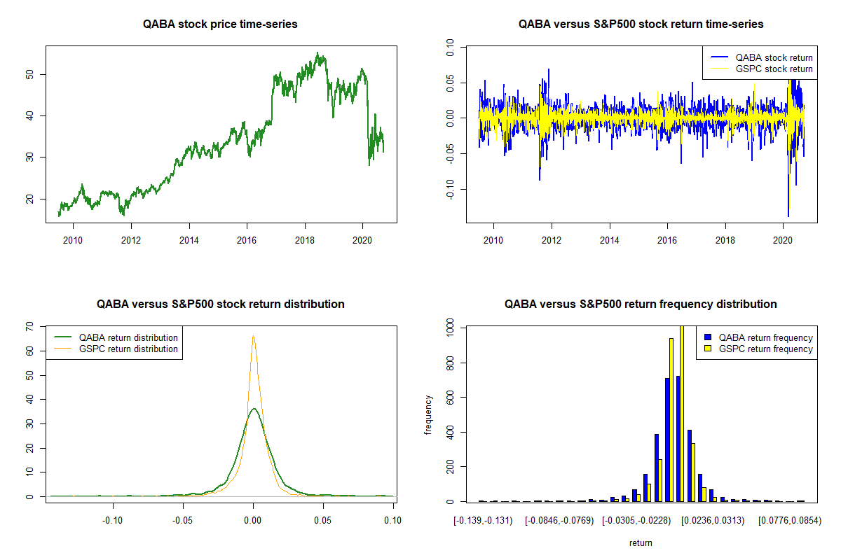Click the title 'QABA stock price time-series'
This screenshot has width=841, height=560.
coord(220,24)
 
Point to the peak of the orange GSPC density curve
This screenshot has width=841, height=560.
coord(253,336)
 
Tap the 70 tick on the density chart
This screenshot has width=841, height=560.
coord(29,326)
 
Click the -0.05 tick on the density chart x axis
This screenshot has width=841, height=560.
coord(183,520)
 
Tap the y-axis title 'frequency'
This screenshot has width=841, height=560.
coord(428,414)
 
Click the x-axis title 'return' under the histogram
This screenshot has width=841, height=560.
coord(641,542)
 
